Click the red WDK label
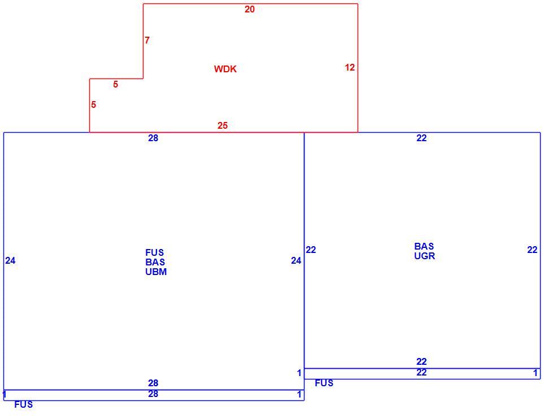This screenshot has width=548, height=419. click(x=225, y=69)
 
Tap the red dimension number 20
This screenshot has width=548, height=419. click(x=250, y=10)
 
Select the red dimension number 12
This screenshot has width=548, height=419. click(x=350, y=67)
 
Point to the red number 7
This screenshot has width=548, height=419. click(x=147, y=40)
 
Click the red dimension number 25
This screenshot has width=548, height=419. click(x=223, y=125)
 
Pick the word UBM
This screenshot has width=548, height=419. click(x=156, y=272)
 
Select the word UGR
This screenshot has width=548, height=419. click(x=425, y=256)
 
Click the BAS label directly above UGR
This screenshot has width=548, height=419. click(x=424, y=246)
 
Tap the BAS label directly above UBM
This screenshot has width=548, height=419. click(x=155, y=262)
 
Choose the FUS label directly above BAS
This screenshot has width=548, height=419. click(x=154, y=252)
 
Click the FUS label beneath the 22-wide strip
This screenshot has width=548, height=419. click(x=324, y=383)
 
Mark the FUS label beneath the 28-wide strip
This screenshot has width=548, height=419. click(x=23, y=404)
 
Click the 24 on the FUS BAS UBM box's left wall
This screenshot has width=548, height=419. click(x=11, y=260)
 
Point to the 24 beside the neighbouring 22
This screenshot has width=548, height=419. click(x=296, y=260)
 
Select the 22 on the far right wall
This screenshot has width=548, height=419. click(x=532, y=250)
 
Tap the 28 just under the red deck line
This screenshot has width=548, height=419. click(x=153, y=138)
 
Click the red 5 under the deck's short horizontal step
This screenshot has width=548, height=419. click(x=116, y=84)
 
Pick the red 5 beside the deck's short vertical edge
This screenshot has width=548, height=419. click(x=94, y=104)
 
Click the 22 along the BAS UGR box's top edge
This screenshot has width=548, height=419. click(x=421, y=138)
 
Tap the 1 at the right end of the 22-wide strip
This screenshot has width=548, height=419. click(x=535, y=373)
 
